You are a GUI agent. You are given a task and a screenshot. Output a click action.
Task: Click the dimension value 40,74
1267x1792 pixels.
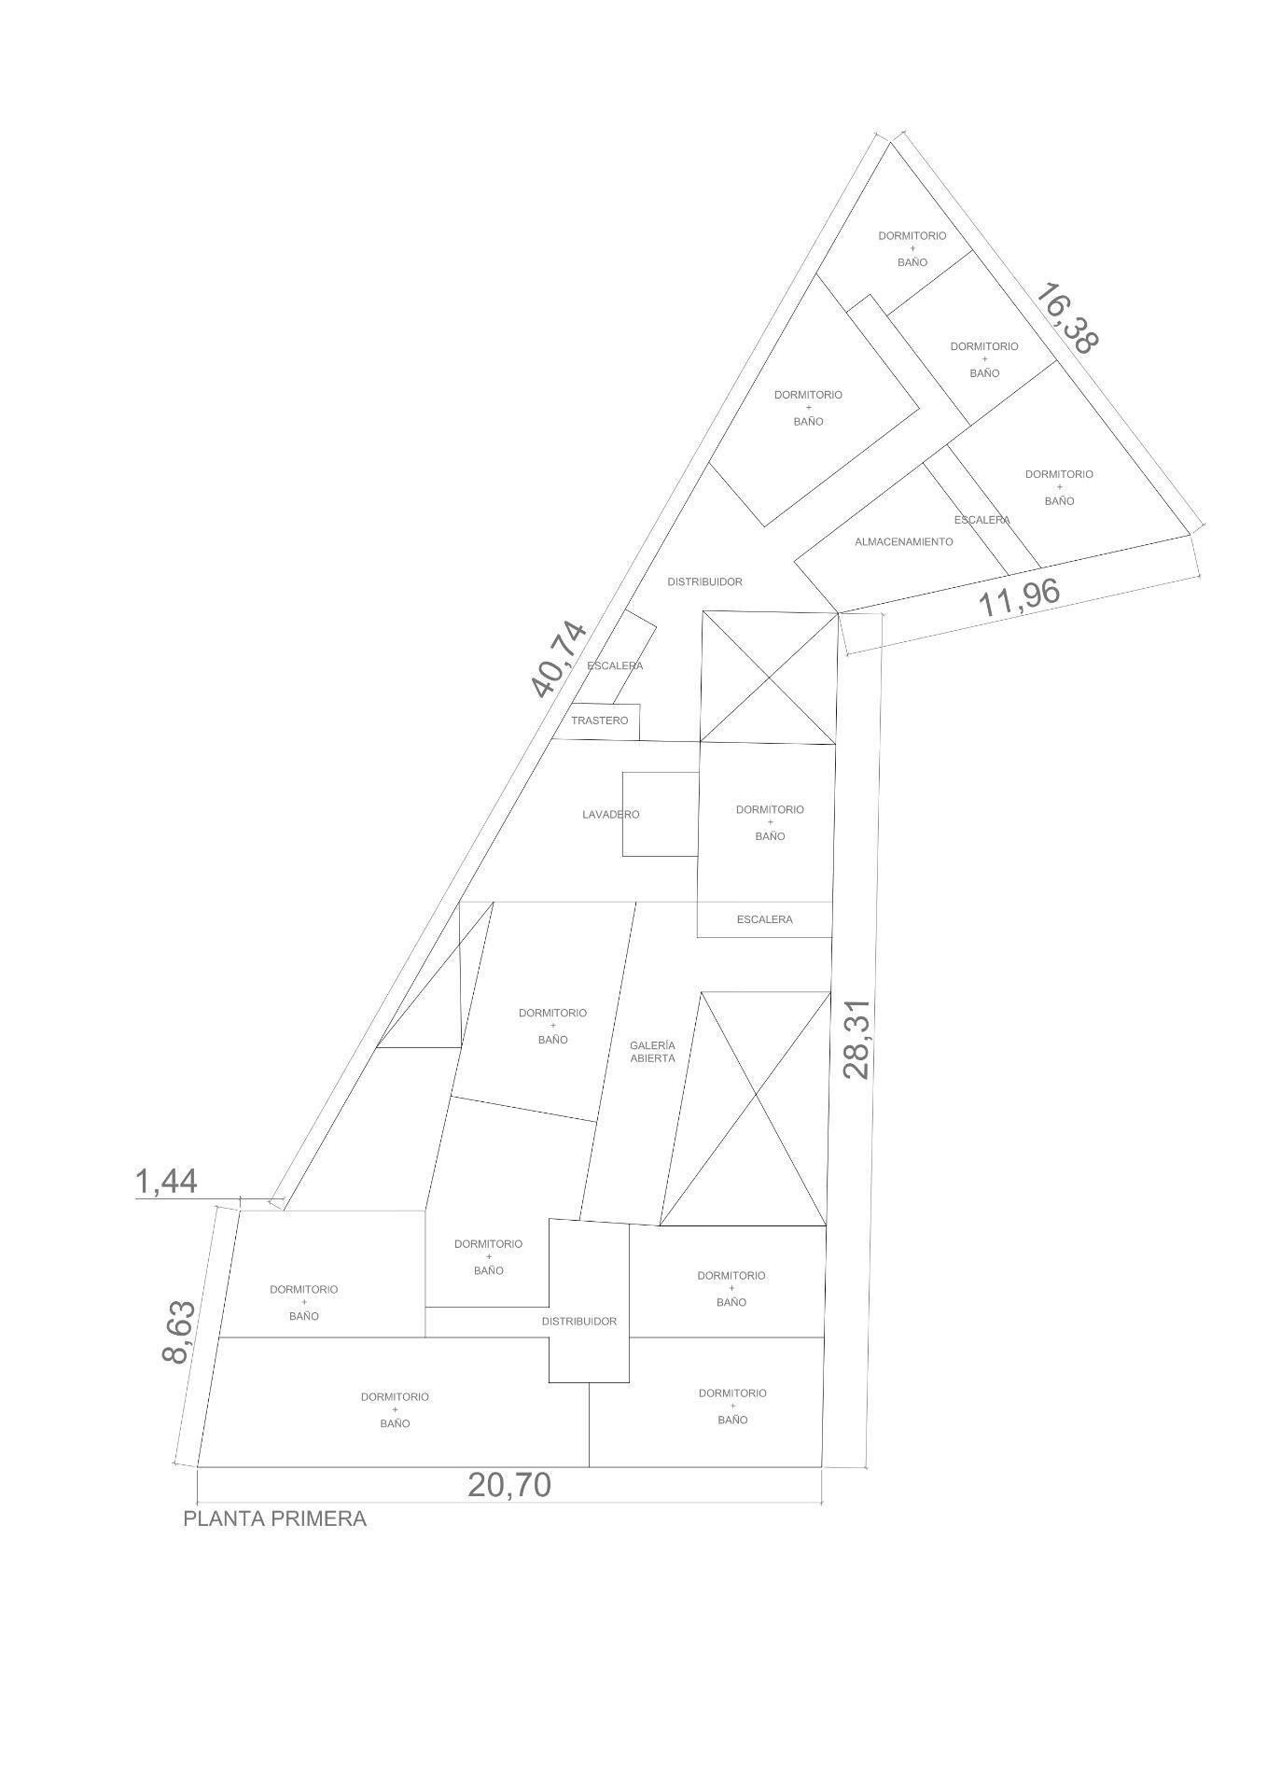pyautogui.click(x=559, y=660)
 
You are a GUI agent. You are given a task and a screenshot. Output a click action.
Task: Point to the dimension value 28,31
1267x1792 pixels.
pyautogui.click(x=856, y=1040)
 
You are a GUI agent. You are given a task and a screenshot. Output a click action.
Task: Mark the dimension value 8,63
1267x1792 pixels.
pyautogui.click(x=178, y=1332)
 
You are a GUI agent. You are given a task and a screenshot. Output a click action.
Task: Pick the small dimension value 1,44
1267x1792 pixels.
pyautogui.click(x=166, y=1182)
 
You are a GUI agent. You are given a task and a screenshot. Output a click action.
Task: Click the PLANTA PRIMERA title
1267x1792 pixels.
pyautogui.click(x=274, y=1519)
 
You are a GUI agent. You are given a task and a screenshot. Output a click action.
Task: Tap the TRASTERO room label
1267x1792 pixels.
pyautogui.click(x=600, y=721)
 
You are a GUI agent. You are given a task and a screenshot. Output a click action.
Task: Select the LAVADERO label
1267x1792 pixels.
pyautogui.click(x=610, y=815)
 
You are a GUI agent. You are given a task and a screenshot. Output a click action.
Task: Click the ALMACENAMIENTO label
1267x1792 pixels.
pyautogui.click(x=903, y=542)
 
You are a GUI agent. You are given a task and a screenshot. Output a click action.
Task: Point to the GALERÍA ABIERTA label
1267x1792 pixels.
pyautogui.click(x=652, y=1052)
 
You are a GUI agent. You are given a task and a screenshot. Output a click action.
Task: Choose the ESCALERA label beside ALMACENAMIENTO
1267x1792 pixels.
pyautogui.click(x=982, y=520)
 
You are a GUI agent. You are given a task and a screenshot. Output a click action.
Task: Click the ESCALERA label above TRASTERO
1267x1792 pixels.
pyautogui.click(x=615, y=666)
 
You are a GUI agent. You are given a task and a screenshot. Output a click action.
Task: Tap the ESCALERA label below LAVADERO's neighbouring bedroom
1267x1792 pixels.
pyautogui.click(x=764, y=919)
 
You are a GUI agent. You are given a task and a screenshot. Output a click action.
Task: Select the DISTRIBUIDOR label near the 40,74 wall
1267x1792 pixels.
pyautogui.click(x=704, y=582)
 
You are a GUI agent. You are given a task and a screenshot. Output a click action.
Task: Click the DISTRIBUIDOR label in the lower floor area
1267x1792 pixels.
pyautogui.click(x=578, y=1322)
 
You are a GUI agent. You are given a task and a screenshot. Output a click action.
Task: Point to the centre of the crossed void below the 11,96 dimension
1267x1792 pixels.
pyautogui.click(x=769, y=678)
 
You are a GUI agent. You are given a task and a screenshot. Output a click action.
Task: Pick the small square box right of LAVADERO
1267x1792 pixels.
pyautogui.click(x=661, y=814)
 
